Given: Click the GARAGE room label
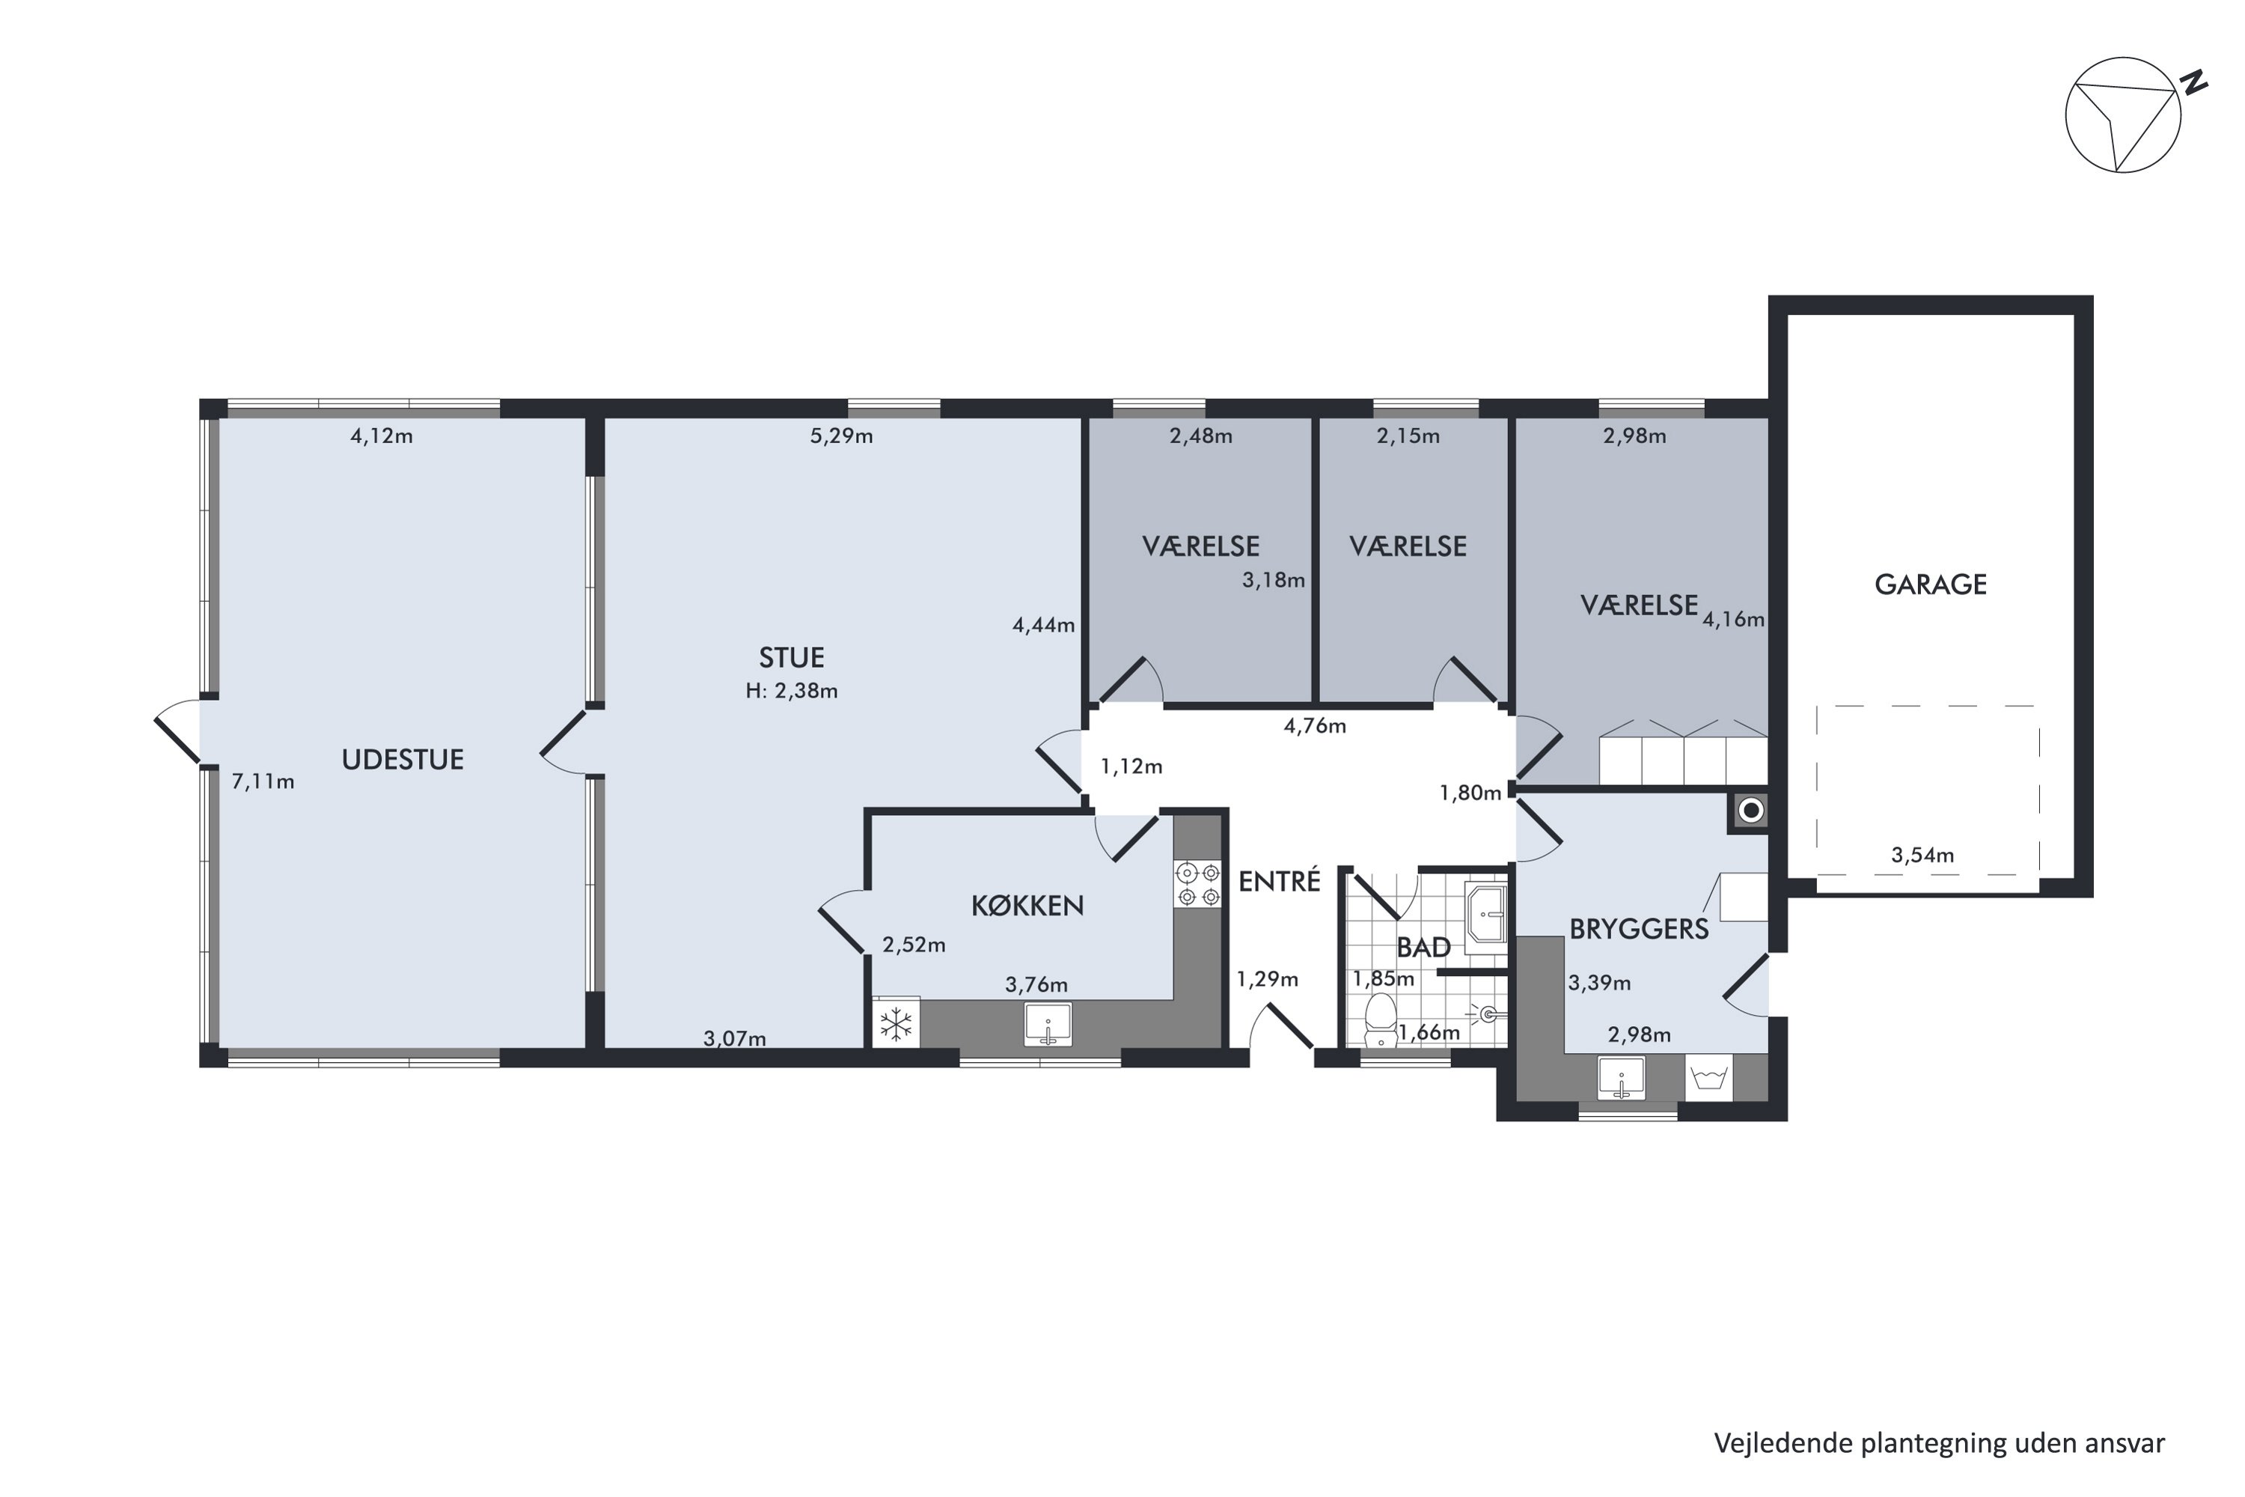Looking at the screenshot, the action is tap(1930, 585).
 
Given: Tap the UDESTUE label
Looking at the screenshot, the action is tap(403, 760).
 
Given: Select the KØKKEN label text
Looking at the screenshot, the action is tap(1027, 905).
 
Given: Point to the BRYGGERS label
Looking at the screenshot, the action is tap(1639, 929).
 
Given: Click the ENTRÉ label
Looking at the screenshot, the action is tap(1279, 880).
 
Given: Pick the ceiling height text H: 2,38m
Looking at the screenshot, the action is tap(791, 691).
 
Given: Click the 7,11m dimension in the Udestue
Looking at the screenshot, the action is tap(263, 782).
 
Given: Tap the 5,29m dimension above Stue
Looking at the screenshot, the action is tap(841, 436).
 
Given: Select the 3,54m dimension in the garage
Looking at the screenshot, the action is tap(1922, 856).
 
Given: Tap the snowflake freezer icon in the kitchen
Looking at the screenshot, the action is tap(895, 1025).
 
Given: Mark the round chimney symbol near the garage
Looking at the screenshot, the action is tap(1750, 811).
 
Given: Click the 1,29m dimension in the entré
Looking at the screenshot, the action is tap(1268, 980).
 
